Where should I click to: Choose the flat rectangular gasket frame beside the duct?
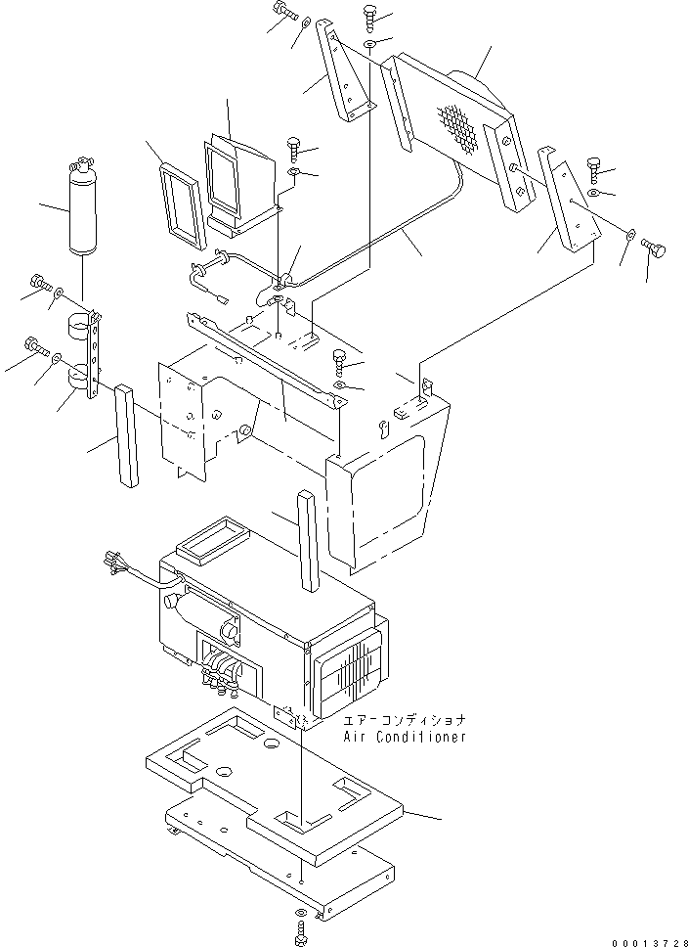tap(183, 204)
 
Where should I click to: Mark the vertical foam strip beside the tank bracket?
tap(127, 434)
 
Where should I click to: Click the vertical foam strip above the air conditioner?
tap(308, 539)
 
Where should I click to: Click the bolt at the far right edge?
tap(656, 250)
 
